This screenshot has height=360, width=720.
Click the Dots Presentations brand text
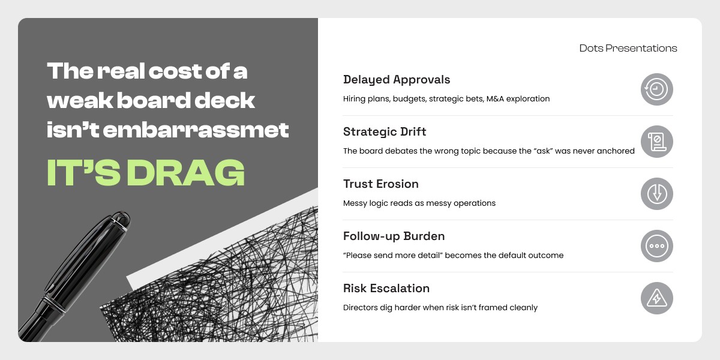[628, 48]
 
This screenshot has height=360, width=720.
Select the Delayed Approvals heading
[397, 80]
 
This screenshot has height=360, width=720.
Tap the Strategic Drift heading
[385, 131]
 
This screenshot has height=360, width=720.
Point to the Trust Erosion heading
[381, 184]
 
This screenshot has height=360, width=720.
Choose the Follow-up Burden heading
[394, 236]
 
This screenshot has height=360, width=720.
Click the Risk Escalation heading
[386, 289]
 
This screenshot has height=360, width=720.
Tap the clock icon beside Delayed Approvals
[656, 89]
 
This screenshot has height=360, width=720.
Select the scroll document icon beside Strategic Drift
[656, 142]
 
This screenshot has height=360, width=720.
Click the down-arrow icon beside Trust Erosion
[656, 194]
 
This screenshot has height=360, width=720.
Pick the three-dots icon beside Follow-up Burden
[656, 246]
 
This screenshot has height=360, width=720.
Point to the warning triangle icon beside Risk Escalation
[656, 298]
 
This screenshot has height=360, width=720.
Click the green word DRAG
[186, 173]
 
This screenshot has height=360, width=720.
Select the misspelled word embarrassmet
[196, 130]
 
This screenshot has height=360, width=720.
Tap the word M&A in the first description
[495, 98]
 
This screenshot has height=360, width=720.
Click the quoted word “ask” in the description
[543, 151]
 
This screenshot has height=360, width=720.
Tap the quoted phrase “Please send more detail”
[393, 255]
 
